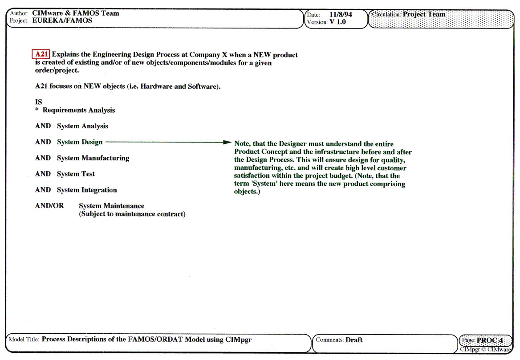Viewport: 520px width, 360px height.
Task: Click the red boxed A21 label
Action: [x=41, y=54]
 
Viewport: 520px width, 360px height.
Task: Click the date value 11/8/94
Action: [x=341, y=14]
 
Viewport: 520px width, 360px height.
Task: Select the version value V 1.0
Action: [x=338, y=22]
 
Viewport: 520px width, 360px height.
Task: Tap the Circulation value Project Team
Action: [x=424, y=14]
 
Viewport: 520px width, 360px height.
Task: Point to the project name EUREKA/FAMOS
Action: [x=62, y=20]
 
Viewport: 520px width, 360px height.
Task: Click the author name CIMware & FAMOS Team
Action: [x=76, y=13]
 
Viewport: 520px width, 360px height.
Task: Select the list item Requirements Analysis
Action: [x=79, y=110]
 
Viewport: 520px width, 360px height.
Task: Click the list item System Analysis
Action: [x=82, y=126]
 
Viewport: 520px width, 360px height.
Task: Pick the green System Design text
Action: [x=80, y=142]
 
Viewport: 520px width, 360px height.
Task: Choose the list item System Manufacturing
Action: [x=93, y=158]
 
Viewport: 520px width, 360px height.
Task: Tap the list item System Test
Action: [x=76, y=174]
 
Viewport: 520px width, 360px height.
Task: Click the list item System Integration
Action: [x=87, y=190]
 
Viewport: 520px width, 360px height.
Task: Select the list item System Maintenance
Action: [x=112, y=206]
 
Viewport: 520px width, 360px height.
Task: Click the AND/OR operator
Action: [x=49, y=206]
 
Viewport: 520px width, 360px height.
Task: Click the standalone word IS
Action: [x=39, y=102]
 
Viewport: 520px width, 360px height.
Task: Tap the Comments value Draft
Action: [x=354, y=340]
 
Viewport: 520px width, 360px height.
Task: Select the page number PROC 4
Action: [x=490, y=340]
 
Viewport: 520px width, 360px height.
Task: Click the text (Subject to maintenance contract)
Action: [x=132, y=214]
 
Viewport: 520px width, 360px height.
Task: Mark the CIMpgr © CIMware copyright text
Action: [x=486, y=350]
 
